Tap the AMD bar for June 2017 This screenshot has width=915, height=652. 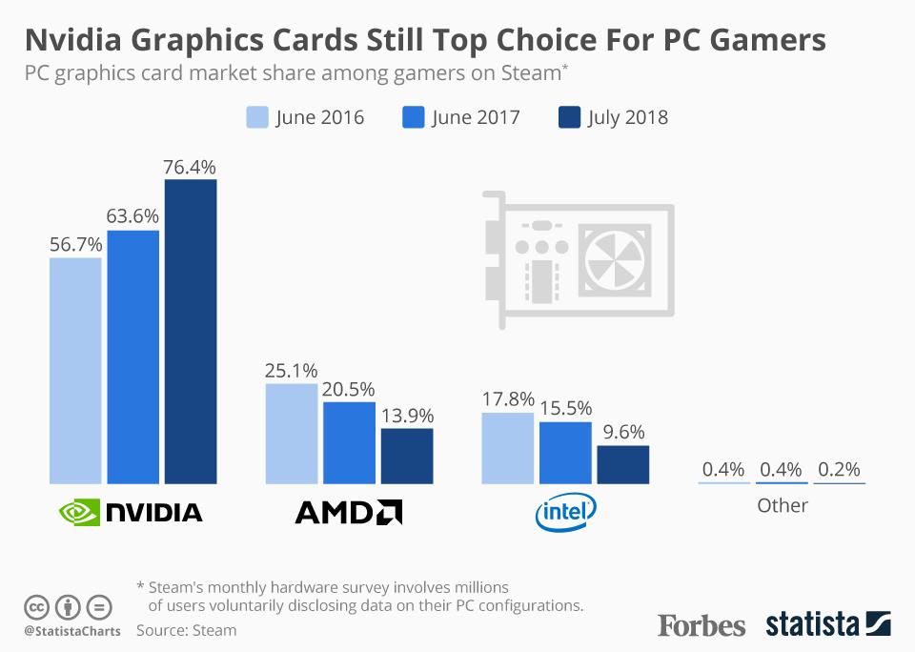pos(349,442)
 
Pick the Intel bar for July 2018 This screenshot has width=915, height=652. pos(622,464)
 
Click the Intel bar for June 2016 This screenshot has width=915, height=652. pos(508,448)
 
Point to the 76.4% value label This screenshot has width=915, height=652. pos(191,166)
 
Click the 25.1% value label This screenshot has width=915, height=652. pos(292,371)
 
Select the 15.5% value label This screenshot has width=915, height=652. pos(565,409)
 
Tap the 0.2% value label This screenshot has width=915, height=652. pos(839,469)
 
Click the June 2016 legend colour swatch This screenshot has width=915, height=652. pos(257,117)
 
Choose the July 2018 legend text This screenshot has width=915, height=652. pos(627,118)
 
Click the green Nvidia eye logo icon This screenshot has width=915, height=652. pos(78,513)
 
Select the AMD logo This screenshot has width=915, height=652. pos(348,513)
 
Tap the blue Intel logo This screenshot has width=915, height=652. pos(565,513)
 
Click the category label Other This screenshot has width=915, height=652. pos(782,505)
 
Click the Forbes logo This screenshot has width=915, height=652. pos(701,625)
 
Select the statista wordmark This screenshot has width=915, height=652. pos(810,625)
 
